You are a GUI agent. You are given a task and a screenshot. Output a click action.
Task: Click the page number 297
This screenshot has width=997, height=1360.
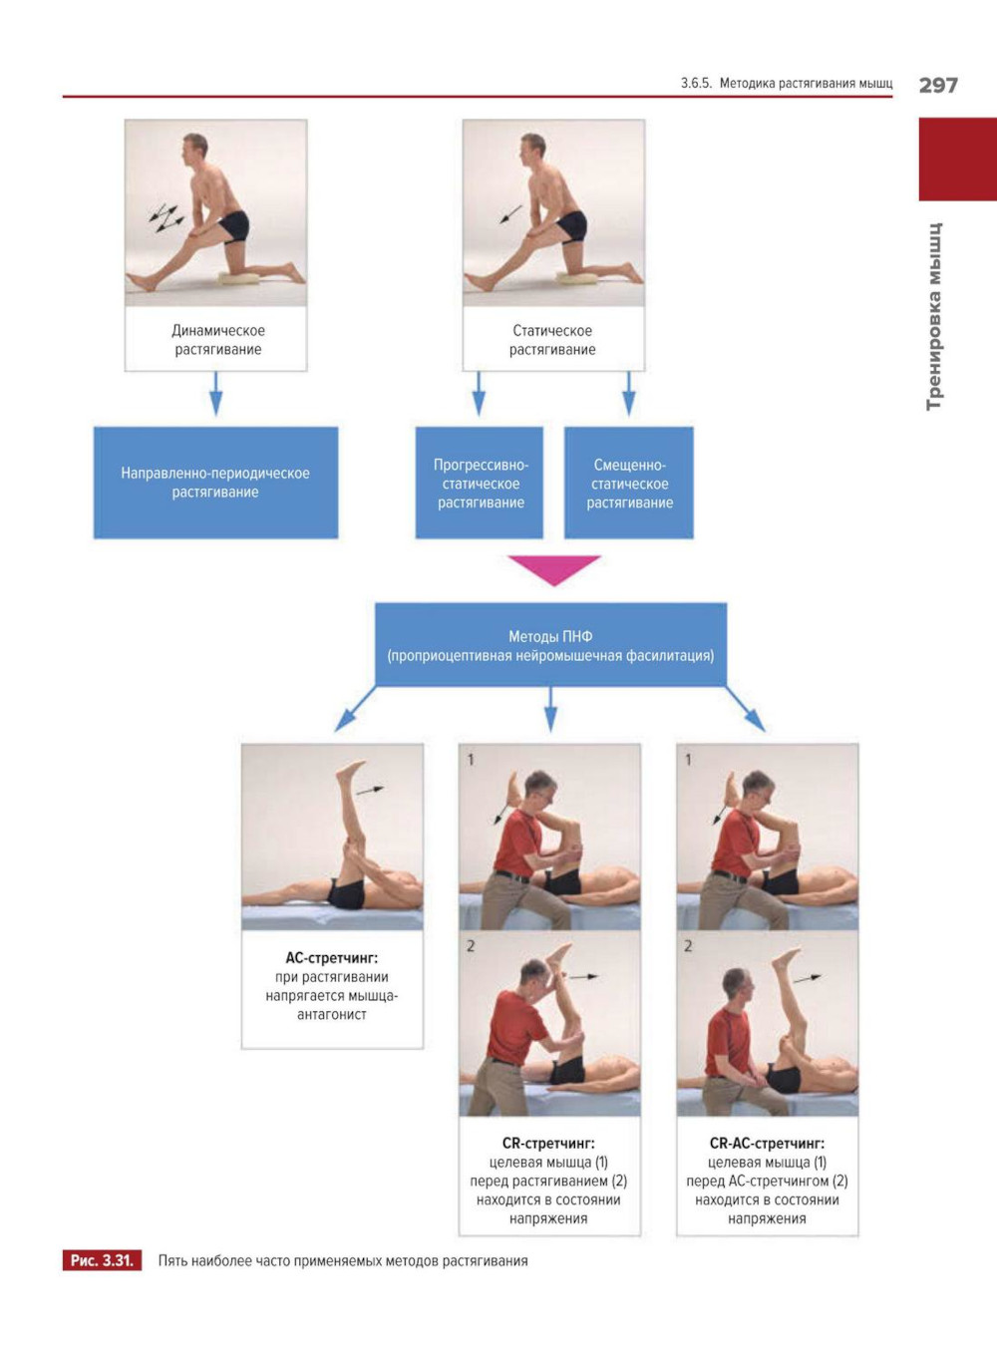(937, 85)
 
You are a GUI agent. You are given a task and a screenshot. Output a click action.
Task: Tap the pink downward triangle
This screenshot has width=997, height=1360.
(553, 568)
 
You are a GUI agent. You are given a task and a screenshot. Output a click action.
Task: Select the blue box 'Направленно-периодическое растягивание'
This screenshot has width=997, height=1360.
(215, 483)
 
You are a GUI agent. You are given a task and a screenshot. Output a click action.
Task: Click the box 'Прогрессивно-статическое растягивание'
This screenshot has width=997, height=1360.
(480, 483)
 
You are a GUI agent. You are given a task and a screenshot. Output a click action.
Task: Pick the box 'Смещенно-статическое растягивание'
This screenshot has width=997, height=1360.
(629, 483)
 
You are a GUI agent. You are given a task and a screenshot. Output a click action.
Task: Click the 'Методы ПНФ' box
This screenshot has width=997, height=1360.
(550, 645)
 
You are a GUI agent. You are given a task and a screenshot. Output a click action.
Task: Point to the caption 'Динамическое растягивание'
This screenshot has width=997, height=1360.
(217, 340)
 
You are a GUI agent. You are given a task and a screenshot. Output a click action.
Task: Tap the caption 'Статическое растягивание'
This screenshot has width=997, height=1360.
(552, 340)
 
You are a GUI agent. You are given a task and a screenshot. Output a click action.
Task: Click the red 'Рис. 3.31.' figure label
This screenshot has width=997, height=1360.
(102, 1260)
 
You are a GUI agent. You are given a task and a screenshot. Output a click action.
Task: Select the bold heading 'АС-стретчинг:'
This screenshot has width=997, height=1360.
(332, 958)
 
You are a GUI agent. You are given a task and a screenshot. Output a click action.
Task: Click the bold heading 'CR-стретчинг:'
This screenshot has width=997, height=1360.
(548, 1144)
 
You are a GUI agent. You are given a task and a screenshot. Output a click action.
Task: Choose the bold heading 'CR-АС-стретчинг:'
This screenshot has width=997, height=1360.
(767, 1144)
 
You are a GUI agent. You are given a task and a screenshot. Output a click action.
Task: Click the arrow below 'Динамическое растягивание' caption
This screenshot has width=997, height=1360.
(215, 394)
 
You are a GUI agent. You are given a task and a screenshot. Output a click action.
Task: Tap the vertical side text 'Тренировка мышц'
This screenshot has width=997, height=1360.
(934, 316)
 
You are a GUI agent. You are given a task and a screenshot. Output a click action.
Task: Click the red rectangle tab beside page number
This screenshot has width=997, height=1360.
(957, 160)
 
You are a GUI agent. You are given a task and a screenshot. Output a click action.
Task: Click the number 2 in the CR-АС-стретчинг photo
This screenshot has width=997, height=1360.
(688, 945)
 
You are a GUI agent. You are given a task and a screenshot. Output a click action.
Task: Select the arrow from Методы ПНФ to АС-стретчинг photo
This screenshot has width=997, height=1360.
(355, 709)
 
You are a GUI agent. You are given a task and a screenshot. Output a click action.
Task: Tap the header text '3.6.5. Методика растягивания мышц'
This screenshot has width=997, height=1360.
(787, 84)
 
